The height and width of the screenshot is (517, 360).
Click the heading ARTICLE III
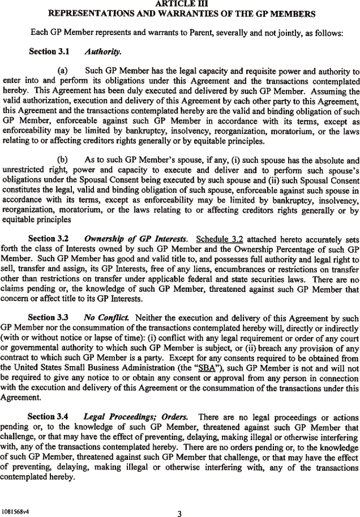pyautogui.click(x=179, y=3)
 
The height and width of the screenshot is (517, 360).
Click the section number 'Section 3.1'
pyautogui.click(x=49, y=51)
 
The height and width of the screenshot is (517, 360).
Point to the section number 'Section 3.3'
pyautogui.click(x=49, y=318)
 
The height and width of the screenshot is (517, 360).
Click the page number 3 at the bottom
pyautogui.click(x=179, y=498)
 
